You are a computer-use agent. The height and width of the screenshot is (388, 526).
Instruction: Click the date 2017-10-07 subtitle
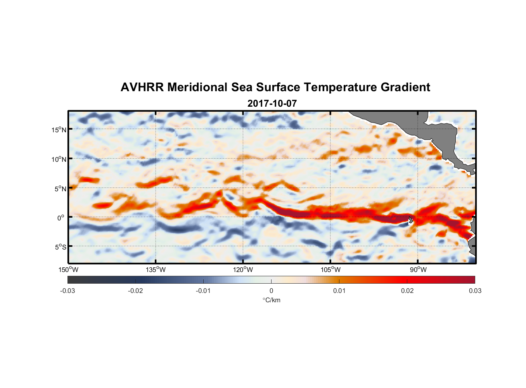point(272,104)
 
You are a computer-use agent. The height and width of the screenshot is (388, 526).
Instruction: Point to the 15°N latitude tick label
point(59,130)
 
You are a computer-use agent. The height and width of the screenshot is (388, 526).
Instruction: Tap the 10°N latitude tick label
point(59,159)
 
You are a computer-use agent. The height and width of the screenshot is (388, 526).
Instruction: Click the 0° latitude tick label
point(61,218)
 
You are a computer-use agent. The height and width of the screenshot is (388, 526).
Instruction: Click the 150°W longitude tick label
point(68,270)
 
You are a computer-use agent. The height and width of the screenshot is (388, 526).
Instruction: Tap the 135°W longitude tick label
point(156,270)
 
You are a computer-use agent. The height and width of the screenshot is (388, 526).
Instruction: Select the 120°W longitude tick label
point(243,270)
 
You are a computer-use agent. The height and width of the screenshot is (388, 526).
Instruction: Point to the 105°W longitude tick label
point(330,270)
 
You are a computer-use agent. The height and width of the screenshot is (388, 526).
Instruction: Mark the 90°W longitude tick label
point(418,270)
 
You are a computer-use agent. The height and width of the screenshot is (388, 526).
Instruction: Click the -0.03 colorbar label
point(67,291)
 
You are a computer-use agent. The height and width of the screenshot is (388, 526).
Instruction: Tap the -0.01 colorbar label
point(203,291)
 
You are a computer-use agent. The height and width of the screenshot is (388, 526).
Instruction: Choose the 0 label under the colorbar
point(271,291)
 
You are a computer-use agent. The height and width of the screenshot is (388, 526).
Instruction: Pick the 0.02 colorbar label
point(407,291)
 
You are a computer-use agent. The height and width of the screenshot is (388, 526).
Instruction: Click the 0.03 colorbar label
point(475,291)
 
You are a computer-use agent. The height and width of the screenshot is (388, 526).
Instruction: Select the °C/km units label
point(272,300)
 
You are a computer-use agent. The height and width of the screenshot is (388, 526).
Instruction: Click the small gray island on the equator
point(411,220)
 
